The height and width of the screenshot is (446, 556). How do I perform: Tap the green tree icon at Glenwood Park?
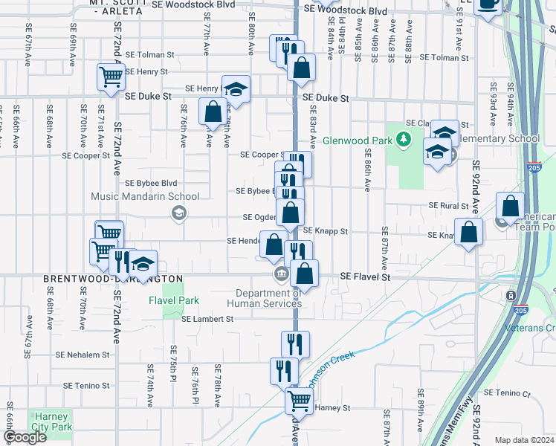point(403,138)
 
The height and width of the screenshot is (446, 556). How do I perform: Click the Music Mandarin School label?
point(145,197)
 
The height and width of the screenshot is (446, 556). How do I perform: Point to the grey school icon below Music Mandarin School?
point(178,214)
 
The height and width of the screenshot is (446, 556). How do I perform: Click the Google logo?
point(25,438)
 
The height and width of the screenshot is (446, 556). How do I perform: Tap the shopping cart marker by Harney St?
point(299,401)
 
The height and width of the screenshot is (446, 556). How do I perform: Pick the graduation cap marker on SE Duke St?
point(236,89)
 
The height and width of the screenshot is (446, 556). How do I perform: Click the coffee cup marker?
point(488,4)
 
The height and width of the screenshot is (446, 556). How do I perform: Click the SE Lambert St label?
point(207,319)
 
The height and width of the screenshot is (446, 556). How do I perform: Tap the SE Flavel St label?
point(365,277)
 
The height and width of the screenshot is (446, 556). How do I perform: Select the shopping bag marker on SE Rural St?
point(510,206)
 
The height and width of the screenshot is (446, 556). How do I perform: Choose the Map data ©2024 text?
point(524,440)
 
